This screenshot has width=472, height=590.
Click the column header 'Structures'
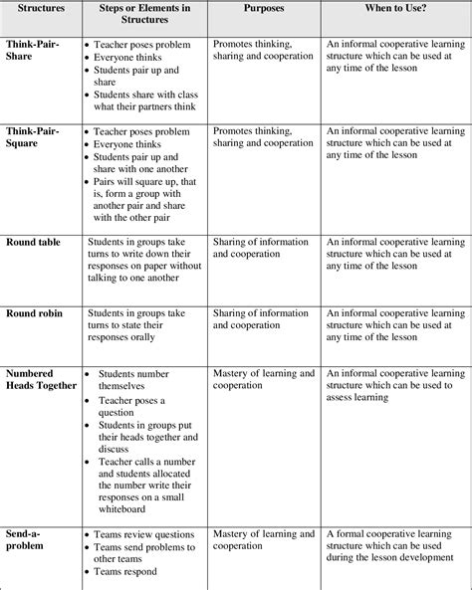[39, 7]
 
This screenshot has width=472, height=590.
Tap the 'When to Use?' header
[396, 7]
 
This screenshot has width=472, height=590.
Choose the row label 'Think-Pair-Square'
[35, 137]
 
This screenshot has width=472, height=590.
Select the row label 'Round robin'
[35, 312]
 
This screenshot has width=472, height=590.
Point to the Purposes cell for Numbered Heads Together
[263, 380]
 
